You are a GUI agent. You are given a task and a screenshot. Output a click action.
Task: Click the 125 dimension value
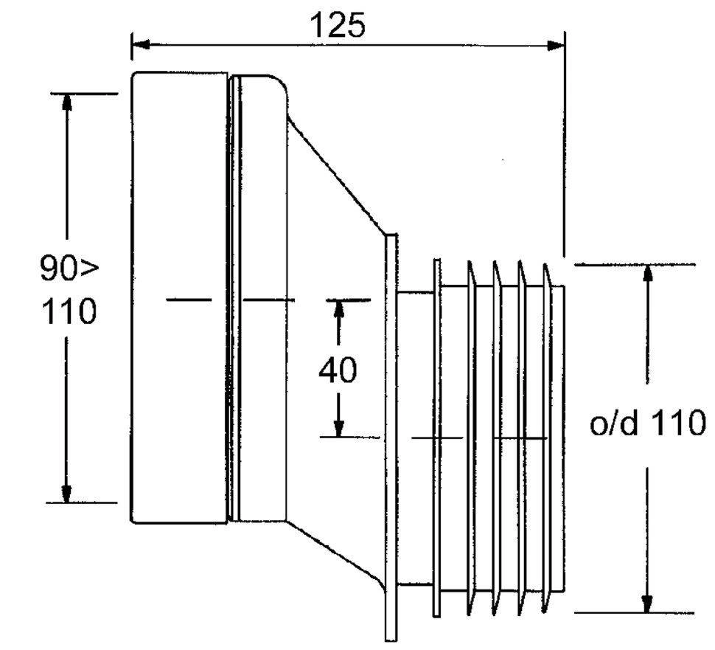click(x=337, y=26)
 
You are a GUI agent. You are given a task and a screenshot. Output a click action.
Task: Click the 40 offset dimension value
click(x=337, y=370)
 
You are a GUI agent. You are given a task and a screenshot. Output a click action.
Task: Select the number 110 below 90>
click(x=68, y=313)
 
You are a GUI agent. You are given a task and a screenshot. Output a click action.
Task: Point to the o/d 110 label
click(x=648, y=424)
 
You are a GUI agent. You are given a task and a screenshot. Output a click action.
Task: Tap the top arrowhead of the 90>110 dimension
click(x=67, y=101)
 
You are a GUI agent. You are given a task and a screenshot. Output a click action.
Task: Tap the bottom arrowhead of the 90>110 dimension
click(x=67, y=494)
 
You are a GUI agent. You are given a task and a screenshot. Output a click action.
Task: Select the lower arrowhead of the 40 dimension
click(x=338, y=428)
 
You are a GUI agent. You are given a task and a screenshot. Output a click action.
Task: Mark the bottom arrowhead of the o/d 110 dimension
click(x=647, y=604)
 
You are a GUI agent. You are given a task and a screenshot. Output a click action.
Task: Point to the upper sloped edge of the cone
click(x=335, y=173)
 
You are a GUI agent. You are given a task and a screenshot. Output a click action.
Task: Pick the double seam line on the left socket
click(x=234, y=299)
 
